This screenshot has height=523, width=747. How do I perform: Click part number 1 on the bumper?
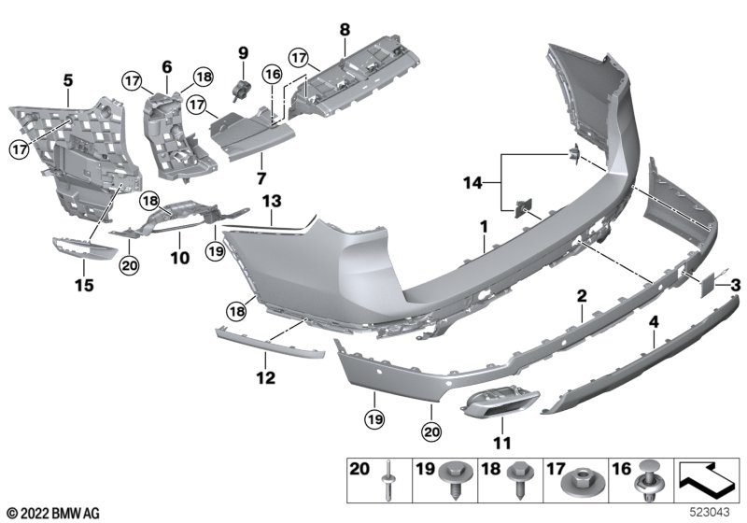tap(484, 226)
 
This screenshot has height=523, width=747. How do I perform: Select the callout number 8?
tap(344, 29)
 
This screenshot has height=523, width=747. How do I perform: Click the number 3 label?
tap(735, 284)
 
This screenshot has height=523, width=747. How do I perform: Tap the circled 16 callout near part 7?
tap(272, 73)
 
